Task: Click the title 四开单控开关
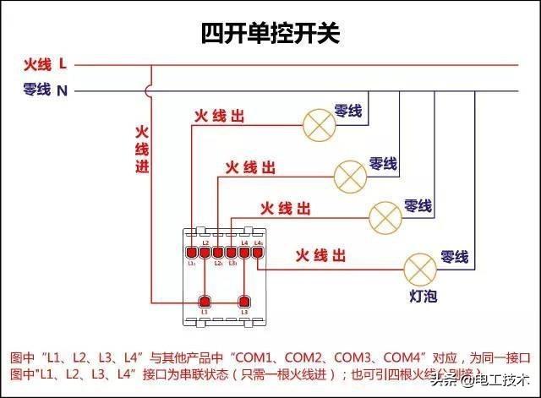click(270, 33)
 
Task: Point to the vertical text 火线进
click(142, 150)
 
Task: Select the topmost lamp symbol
click(319, 125)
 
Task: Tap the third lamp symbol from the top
click(385, 217)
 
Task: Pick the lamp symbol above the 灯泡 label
click(418, 269)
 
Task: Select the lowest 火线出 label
click(320, 254)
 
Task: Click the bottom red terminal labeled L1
click(204, 303)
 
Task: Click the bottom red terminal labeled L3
click(245, 303)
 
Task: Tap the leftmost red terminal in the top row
click(192, 252)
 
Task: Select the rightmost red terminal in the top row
click(258, 252)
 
